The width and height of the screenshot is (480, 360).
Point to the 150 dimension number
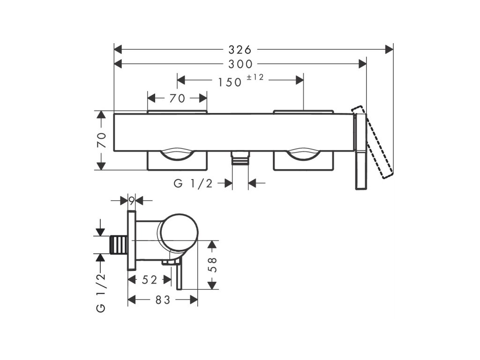[230, 82]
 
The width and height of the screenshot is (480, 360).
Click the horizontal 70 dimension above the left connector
[177, 98]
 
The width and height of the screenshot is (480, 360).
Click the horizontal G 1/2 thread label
[193, 184]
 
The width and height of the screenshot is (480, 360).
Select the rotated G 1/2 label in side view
[101, 293]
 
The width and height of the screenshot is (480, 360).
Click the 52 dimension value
[149, 280]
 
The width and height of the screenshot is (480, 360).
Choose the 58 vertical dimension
[212, 266]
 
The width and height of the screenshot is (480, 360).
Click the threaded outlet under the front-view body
[240, 158]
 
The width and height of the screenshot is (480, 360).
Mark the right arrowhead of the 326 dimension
[389, 49]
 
